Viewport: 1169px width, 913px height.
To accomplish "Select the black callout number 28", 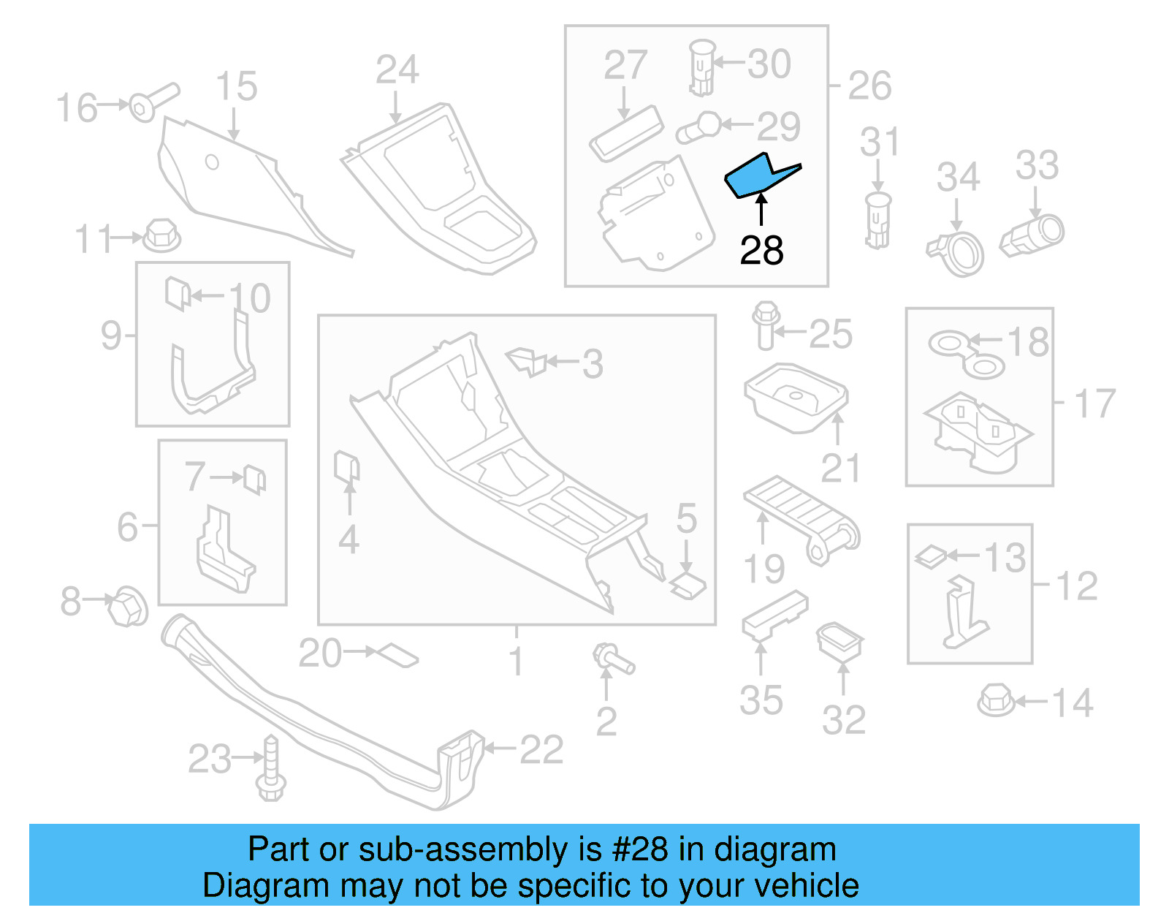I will click(761, 251).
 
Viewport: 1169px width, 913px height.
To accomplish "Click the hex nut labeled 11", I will click(161, 235).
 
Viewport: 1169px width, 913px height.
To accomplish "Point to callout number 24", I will click(397, 70).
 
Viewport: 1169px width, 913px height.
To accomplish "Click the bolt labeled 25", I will click(765, 326).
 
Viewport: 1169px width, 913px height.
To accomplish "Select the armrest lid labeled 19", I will click(800, 516).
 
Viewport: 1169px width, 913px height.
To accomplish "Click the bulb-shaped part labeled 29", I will click(699, 128).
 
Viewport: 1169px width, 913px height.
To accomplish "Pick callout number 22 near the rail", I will click(541, 750).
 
